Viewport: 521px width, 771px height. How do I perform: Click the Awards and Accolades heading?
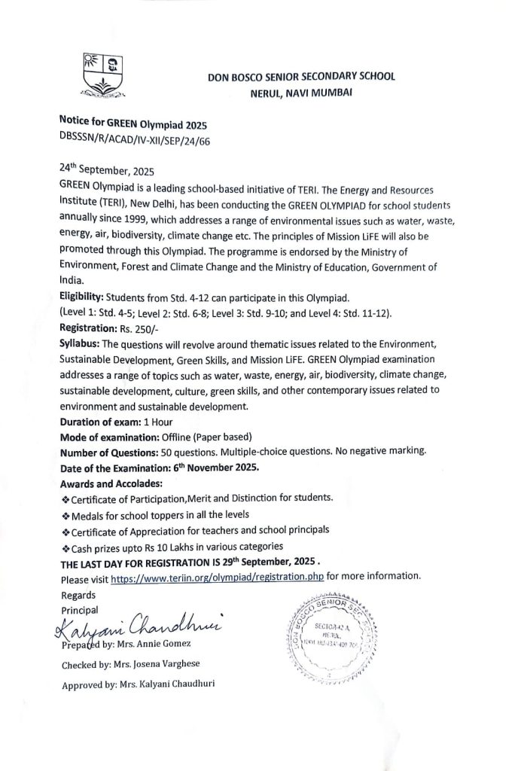coord(105,483)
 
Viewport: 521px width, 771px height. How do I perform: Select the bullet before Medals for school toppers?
coord(64,515)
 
